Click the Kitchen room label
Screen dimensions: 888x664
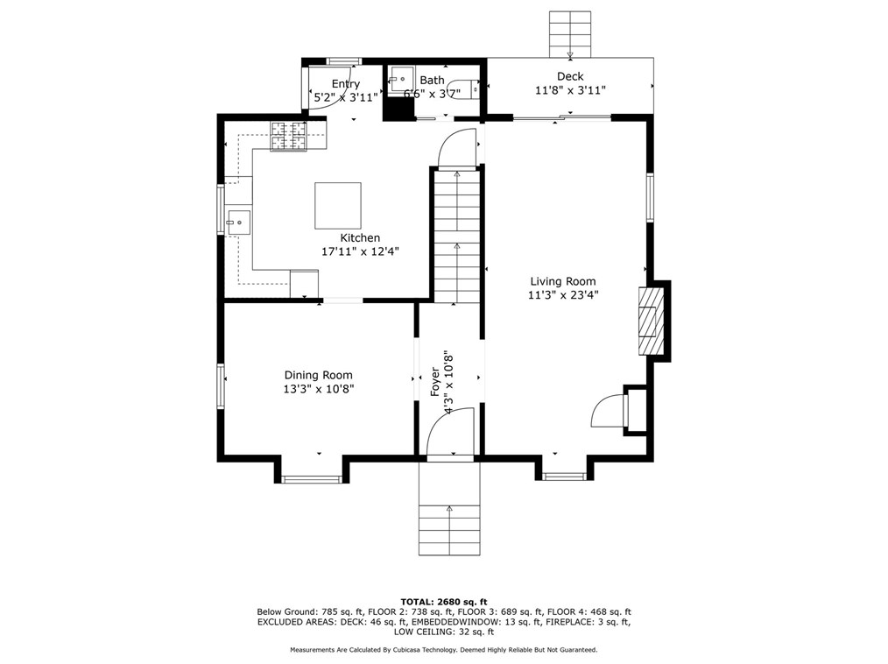click(360, 238)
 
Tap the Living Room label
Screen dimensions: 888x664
click(563, 281)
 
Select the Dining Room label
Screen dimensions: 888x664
click(318, 375)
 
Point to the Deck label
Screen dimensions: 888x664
click(570, 76)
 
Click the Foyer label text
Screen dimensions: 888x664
click(435, 382)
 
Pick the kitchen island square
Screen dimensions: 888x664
click(338, 205)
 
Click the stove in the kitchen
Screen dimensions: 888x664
click(289, 138)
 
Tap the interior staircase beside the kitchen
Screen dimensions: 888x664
click(457, 237)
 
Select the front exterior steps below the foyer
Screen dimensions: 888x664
click(449, 509)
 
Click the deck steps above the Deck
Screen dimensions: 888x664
click(570, 34)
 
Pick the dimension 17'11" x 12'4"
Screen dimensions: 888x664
click(360, 251)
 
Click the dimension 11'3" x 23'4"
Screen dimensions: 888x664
click(563, 294)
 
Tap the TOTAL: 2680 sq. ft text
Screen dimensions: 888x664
click(444, 602)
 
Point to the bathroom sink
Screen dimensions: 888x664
click(401, 80)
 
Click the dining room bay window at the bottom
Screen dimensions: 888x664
click(312, 480)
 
